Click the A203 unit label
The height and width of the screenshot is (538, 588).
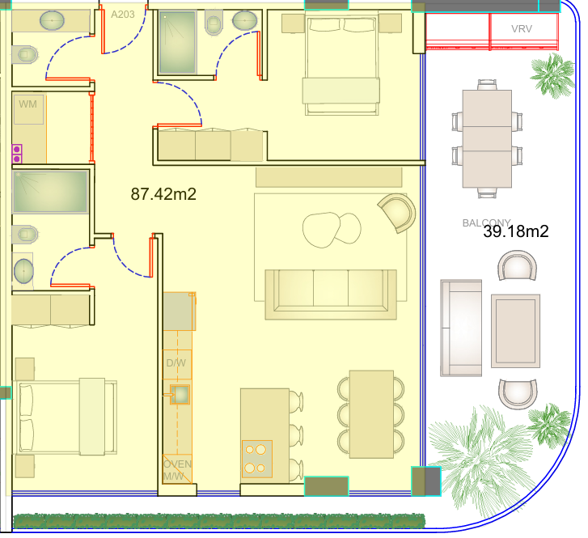point(123,15)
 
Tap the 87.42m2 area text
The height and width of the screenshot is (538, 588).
point(163,194)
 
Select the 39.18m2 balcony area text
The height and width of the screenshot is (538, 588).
point(516,231)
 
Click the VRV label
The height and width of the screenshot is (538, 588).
point(522,29)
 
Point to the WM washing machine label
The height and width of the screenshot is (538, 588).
point(27,104)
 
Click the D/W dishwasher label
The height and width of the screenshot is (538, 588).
point(176,363)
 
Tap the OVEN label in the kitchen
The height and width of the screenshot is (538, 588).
point(177,464)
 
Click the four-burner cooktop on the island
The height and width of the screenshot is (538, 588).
point(257,459)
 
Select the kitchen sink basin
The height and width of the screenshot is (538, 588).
point(180,394)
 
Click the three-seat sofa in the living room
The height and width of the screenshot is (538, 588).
point(331,294)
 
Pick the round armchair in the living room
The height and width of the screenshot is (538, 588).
point(397,213)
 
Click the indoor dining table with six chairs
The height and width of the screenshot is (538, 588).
point(371,414)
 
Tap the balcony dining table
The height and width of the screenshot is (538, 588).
point(487,139)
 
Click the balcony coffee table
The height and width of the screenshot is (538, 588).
point(516,331)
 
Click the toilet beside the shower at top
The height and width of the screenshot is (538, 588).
point(214,22)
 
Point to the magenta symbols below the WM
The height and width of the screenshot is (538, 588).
point(17,154)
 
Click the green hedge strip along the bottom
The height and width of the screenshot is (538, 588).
point(219,521)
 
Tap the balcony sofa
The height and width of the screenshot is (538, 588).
point(461,328)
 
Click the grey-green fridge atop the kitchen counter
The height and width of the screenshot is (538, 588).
point(180,311)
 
